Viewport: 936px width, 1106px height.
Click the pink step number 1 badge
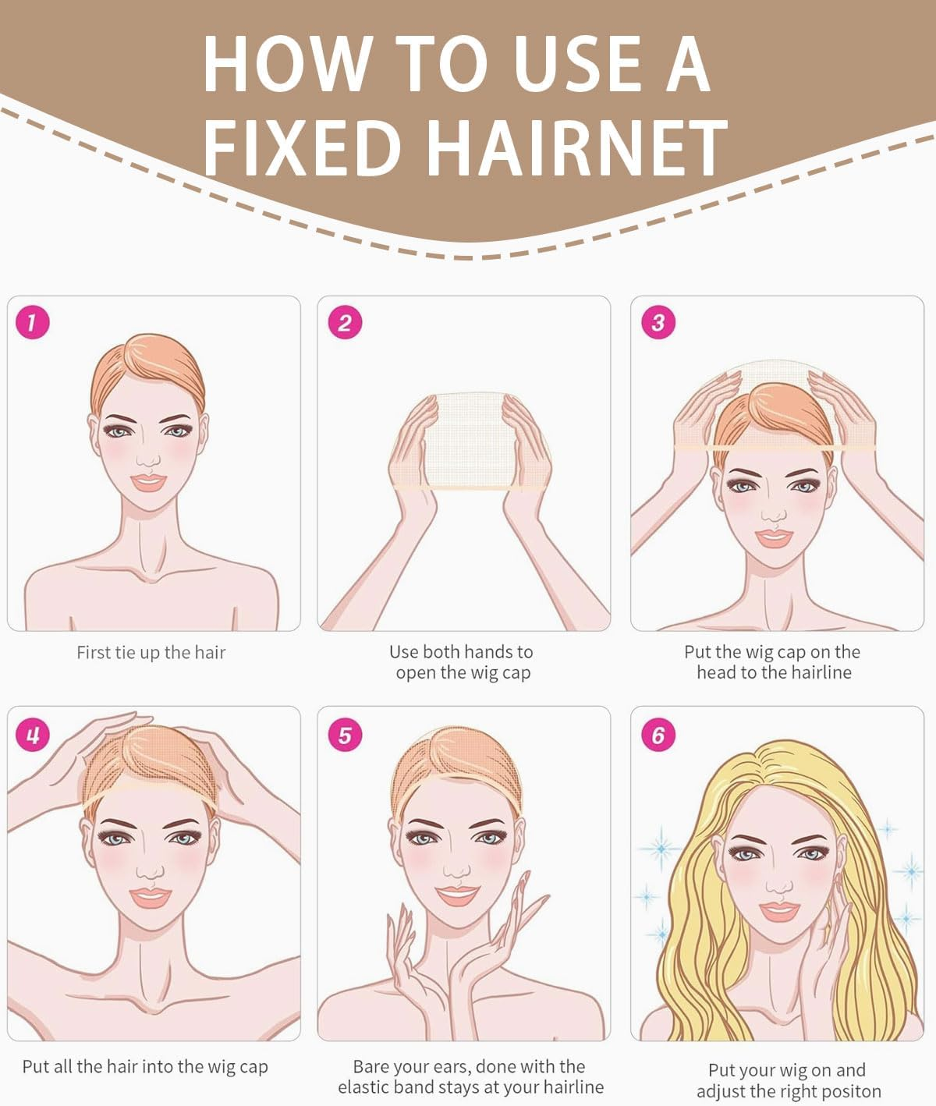[x=32, y=322]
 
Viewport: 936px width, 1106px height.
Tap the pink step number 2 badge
[x=345, y=322]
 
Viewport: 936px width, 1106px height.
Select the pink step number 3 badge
[x=658, y=322]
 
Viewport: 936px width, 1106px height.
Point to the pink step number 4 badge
[x=32, y=735]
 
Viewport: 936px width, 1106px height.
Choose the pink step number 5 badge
[x=345, y=735]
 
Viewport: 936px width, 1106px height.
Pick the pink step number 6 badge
[x=658, y=735]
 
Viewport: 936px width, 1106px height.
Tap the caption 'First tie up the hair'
[x=151, y=653]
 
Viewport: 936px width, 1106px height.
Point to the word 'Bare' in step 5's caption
[x=370, y=1066]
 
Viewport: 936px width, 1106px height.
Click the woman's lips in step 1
[x=148, y=482]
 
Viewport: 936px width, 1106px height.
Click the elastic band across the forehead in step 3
[x=772, y=448]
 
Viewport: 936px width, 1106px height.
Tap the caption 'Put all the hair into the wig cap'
[x=145, y=1066]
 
